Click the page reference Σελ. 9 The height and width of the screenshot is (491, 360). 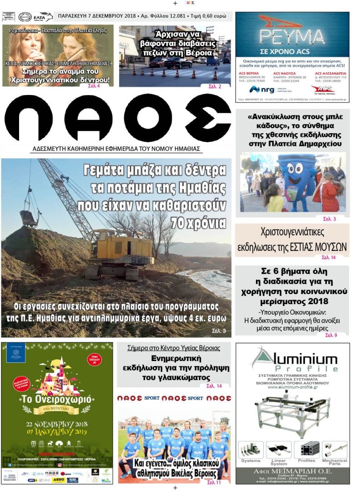coord(331,335)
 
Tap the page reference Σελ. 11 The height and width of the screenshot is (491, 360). coord(214,482)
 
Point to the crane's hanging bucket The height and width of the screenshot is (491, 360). coord(28,218)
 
